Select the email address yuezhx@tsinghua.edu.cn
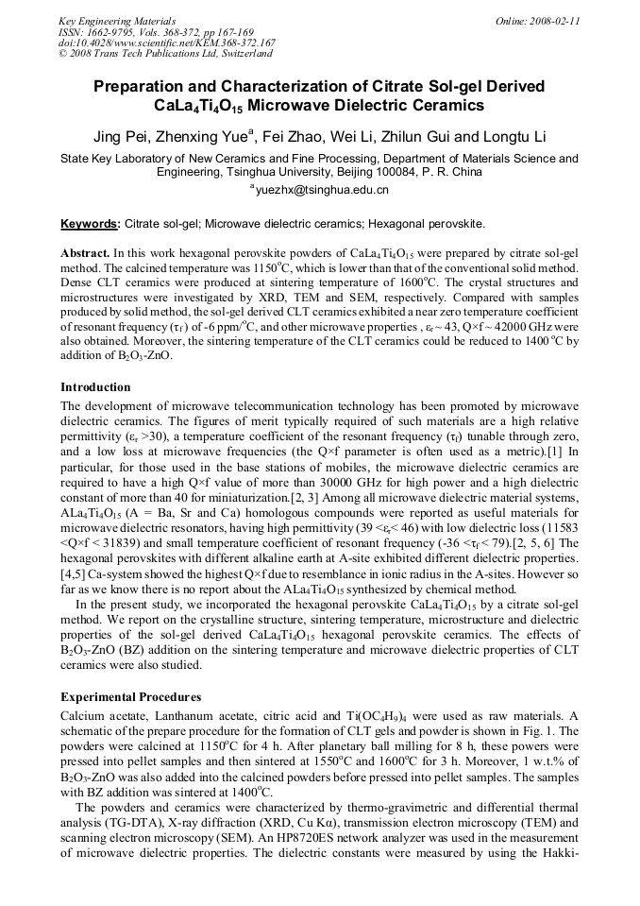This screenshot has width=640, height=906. [321, 190]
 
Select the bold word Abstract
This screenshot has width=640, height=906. [85, 254]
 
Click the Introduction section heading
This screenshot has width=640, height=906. [95, 387]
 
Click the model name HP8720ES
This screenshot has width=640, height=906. [380, 850]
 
